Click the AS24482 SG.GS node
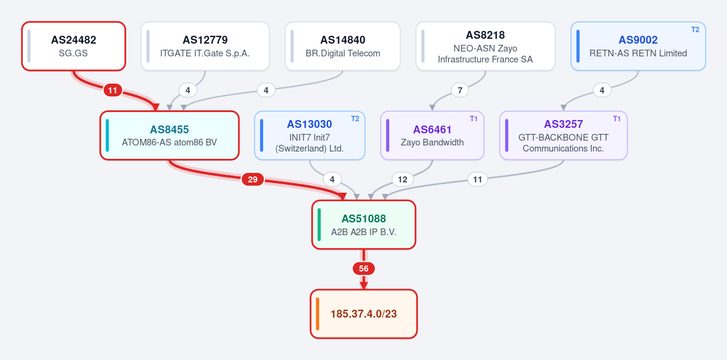click(74, 46)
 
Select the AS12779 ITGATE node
click(205, 46)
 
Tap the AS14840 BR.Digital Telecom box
click(343, 46)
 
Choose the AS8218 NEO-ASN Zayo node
click(486, 46)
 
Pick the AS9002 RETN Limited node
click(638, 46)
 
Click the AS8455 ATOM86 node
click(169, 135)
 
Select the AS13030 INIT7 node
click(310, 135)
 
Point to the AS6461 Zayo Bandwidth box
click(432, 135)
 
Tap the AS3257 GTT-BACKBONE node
click(563, 135)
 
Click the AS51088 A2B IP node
click(364, 225)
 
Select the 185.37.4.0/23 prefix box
click(364, 314)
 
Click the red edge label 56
click(364, 268)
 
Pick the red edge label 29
click(253, 179)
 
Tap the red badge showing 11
click(113, 90)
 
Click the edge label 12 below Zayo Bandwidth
click(403, 179)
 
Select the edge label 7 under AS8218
click(460, 90)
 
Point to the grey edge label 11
click(478, 179)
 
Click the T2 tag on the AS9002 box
click(695, 30)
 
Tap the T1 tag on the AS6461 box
click(474, 119)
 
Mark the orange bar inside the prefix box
click(318, 314)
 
